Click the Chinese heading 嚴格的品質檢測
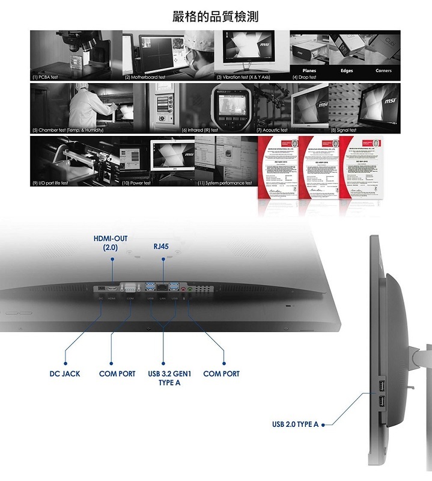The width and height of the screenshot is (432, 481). coord(215,16)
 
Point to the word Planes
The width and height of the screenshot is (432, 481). coord(309,71)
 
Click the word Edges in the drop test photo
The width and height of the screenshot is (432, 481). coord(347,71)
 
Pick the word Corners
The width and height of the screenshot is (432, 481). coord(383,71)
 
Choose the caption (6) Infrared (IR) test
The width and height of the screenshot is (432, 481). coord(199,130)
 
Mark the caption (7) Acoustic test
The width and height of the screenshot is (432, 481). coord(272,130)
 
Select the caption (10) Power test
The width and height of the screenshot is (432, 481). coord(136,183)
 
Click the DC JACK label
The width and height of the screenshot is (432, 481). coord(64,374)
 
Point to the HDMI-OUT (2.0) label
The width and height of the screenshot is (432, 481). coord(111,243)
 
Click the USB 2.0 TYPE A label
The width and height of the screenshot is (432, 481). coord(295,424)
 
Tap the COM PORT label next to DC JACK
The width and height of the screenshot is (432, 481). coord(118,374)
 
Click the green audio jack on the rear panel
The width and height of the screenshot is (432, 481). coord(190,289)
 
